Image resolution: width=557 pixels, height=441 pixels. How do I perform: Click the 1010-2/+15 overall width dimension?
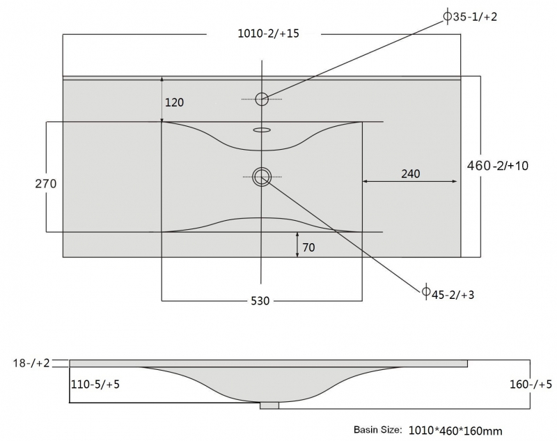point(268,33)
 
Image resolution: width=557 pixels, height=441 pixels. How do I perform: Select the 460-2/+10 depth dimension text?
point(497,166)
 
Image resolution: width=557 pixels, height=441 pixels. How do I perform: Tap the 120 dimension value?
point(175,102)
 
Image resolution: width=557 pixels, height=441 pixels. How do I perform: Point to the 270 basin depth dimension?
point(46,184)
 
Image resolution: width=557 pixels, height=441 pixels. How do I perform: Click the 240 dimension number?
point(411,173)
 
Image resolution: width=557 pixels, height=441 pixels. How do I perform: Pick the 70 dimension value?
point(308,247)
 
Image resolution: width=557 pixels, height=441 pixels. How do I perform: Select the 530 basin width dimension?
point(260,301)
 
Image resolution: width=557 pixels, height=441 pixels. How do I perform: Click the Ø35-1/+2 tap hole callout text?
point(471,16)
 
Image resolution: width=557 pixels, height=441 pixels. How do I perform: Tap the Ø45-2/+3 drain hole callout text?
point(448,295)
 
